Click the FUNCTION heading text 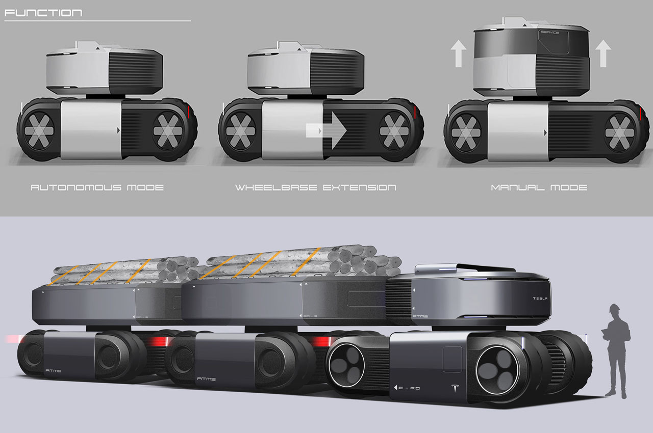pyautogui.click(x=43, y=13)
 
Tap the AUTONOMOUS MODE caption pyautogui.click(x=97, y=187)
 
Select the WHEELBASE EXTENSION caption pyautogui.click(x=315, y=187)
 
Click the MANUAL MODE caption pyautogui.click(x=539, y=187)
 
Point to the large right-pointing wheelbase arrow pyautogui.click(x=326, y=130)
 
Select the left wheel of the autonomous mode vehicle pyautogui.click(x=39, y=129)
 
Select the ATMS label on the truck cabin pyautogui.click(x=422, y=316)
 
